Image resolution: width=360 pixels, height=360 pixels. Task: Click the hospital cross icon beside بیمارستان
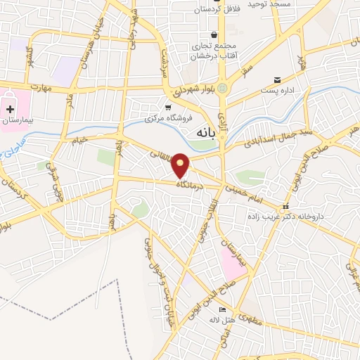tap(10, 109)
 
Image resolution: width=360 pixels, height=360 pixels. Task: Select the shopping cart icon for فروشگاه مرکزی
tap(167, 108)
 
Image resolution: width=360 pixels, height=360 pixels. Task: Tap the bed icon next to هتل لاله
tap(223, 310)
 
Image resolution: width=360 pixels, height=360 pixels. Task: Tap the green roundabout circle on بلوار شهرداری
tap(223, 89)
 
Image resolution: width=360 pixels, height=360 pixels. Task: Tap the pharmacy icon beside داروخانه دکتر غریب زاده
tap(285, 207)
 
